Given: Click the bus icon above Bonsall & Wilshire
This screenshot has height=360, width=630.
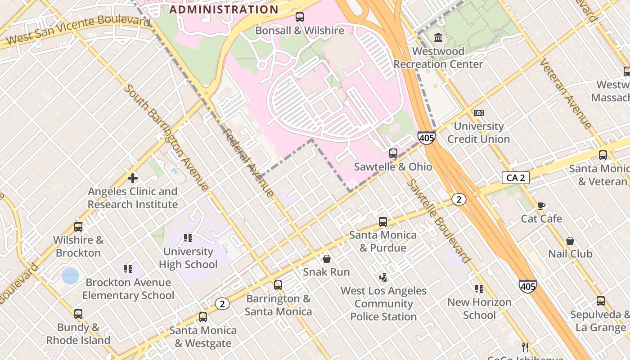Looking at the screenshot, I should (299, 17).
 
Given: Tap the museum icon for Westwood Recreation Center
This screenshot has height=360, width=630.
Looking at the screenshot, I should (438, 37).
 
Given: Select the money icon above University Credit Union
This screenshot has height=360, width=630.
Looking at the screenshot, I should (478, 112).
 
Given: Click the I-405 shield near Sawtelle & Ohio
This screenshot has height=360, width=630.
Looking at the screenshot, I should (426, 137).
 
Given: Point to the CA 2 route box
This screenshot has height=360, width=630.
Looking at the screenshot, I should (515, 178).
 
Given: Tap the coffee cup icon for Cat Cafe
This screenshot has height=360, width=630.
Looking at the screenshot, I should (541, 206).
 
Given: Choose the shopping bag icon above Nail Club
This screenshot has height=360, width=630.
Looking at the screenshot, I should (570, 241).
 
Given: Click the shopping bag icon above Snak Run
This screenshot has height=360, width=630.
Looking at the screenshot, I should (326, 259).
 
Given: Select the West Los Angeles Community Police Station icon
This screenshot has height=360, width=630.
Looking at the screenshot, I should (383, 277).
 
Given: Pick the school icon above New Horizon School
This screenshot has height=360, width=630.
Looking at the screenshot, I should (479, 289).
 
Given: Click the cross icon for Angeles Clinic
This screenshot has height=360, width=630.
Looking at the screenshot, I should (133, 178).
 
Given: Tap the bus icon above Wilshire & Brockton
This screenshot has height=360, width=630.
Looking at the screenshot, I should (78, 227).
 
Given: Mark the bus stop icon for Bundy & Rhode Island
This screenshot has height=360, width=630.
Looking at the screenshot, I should (78, 314).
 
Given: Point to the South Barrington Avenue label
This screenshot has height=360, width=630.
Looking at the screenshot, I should (166, 137).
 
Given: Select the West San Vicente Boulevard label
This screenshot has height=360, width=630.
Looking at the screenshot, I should (78, 30).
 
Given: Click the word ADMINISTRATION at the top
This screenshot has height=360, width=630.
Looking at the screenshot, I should (224, 9).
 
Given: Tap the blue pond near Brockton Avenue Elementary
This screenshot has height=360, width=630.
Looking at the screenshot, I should (70, 275).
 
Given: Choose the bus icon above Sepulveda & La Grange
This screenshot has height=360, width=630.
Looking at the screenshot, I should (600, 301).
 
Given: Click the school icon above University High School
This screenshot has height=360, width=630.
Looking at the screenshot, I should (188, 238).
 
